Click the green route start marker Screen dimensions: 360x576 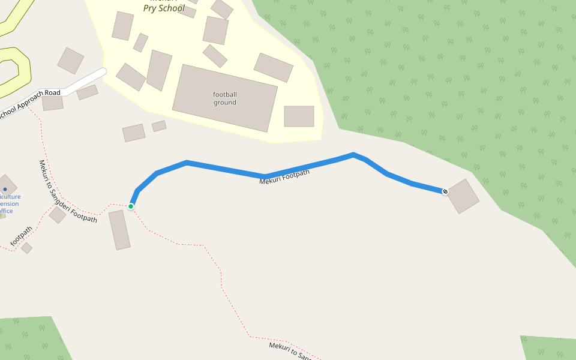(131, 206)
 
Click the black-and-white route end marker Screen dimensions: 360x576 (445, 191)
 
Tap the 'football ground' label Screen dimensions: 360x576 (225, 98)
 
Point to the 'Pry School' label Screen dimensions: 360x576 (164, 8)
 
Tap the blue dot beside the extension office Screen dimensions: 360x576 (5, 189)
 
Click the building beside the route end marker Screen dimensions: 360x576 (463, 196)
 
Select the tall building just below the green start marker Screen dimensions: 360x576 (119, 230)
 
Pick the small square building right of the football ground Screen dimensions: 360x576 (299, 116)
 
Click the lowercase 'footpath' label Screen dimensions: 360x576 (22, 236)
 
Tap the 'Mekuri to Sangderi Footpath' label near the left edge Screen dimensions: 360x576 (67, 191)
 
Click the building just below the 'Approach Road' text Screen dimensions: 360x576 (53, 103)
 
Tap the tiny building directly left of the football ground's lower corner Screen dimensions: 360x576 (159, 126)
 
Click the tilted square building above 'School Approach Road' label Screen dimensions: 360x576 (71, 61)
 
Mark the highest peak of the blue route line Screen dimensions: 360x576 (353, 154)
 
